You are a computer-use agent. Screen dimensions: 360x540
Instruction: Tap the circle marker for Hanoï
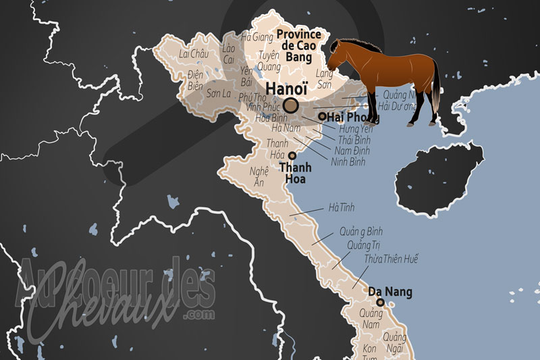pos(291,105)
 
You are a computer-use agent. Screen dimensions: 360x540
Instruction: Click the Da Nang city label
pos(390,292)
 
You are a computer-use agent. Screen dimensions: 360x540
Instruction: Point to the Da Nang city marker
pos(380,302)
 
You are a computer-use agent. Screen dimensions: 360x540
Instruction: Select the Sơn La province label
pos(219,92)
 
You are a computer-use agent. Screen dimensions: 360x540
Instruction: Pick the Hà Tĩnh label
pos(341,207)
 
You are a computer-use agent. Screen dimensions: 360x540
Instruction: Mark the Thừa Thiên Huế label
pos(391,259)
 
